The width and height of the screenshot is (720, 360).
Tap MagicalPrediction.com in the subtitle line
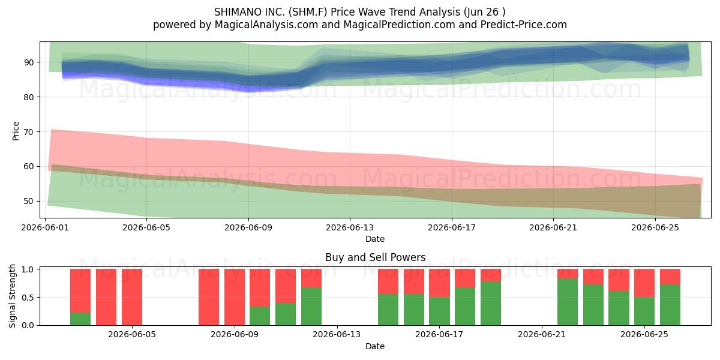click(x=399, y=25)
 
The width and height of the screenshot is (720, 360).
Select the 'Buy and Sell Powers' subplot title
click(x=375, y=257)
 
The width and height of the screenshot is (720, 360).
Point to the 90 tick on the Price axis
click(x=29, y=62)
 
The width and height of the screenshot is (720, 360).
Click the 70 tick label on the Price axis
click(x=29, y=132)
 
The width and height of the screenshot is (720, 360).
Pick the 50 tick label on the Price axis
click(x=29, y=201)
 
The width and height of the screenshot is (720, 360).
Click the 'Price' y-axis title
click(x=16, y=131)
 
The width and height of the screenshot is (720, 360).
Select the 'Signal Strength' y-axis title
click(x=12, y=296)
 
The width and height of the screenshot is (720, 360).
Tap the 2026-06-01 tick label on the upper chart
click(x=45, y=227)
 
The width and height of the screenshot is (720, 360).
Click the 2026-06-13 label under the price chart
click(x=350, y=227)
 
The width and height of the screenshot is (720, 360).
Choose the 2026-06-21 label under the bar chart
click(x=542, y=335)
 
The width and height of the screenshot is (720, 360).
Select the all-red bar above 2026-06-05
click(x=132, y=297)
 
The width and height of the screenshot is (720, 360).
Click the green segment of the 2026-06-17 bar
click(x=439, y=311)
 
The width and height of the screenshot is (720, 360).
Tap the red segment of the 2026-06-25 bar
click(x=644, y=283)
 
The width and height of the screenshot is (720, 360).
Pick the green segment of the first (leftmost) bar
click(x=80, y=319)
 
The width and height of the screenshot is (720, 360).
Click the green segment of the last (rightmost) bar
click(x=670, y=305)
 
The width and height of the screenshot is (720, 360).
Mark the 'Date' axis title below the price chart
click(x=375, y=239)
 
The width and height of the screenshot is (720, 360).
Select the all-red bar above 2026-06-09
click(x=235, y=297)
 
